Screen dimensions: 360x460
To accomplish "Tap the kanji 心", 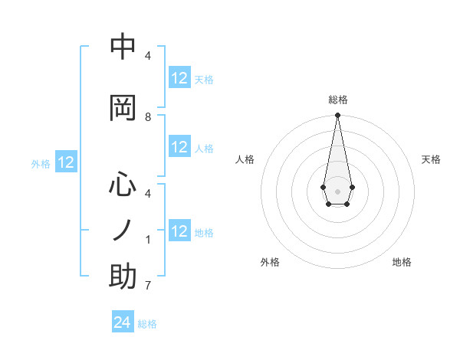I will pos(123,185).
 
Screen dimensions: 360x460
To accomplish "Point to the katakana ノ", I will pos(123,230).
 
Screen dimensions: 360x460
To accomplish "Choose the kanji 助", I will pos(123,276).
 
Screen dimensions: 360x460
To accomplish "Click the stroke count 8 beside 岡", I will pos(148,117).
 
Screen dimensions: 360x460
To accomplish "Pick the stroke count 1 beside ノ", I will pos(148,240).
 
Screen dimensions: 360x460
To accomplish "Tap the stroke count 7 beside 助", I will pos(148,286).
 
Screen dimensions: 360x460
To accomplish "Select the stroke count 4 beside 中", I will pos(148,56).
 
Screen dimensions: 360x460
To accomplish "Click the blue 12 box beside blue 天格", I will pos(179,78).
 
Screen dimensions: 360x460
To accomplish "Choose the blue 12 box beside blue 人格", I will pos(179,147).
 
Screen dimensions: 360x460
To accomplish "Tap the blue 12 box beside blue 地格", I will pos(179,231).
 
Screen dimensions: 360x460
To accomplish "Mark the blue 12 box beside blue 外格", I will pos(66,162).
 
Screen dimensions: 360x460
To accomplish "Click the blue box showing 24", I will pos(123,322).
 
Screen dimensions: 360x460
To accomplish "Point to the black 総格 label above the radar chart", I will pos(338,100).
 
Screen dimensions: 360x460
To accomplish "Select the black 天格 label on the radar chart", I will pos(431,159).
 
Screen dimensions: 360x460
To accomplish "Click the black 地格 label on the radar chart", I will pos(402,262).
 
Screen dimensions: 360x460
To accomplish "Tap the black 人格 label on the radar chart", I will pos(245,159).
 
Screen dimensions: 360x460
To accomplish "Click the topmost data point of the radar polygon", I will pos(337,116).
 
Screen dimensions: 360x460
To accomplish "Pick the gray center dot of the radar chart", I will pos(337,190).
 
